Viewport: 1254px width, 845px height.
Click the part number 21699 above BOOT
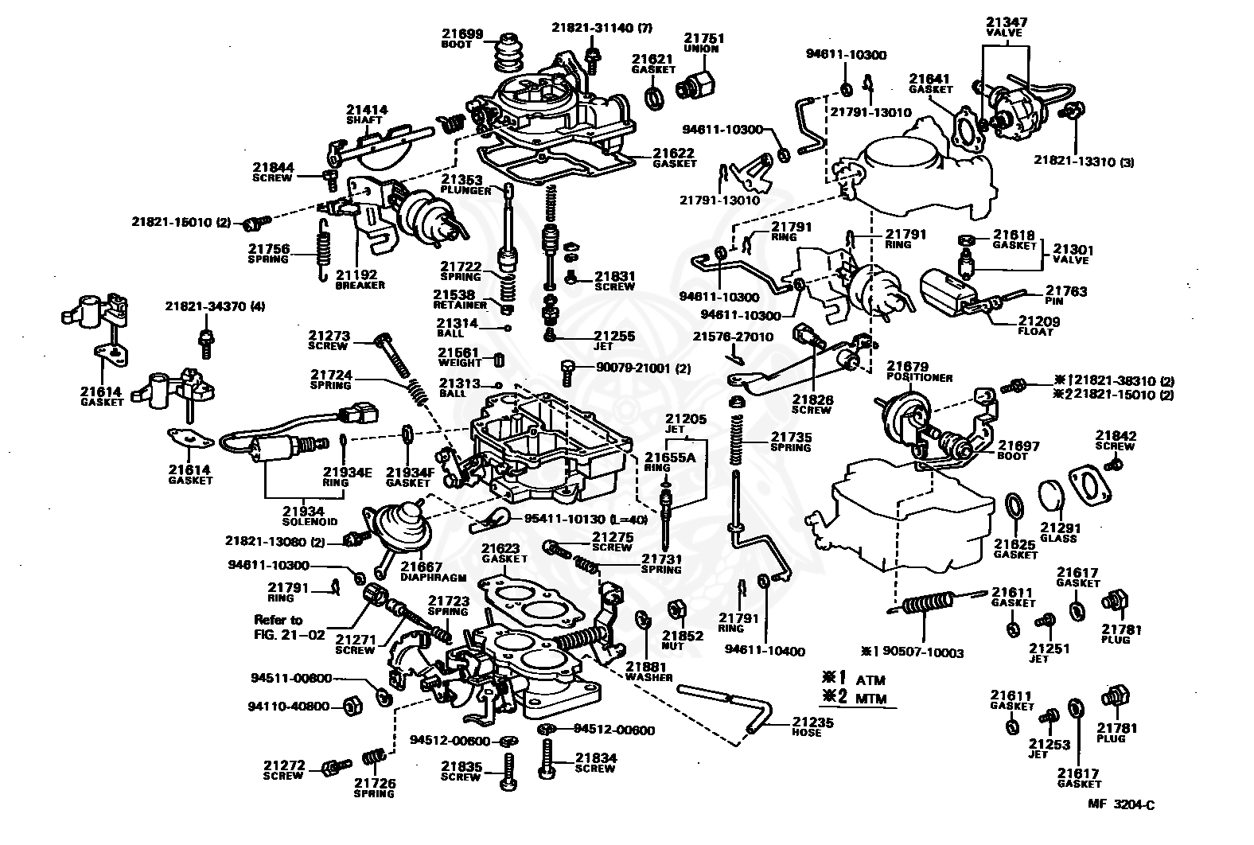(x=461, y=34)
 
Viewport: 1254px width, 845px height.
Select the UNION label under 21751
(x=701, y=49)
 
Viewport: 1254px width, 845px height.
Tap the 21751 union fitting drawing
(x=695, y=87)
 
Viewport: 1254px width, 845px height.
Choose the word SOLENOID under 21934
(x=310, y=522)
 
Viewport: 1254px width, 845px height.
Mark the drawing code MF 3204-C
(x=1121, y=804)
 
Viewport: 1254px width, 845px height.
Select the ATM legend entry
(x=870, y=680)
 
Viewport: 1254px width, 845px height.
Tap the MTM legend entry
(x=871, y=699)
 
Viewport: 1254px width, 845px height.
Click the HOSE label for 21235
(x=807, y=733)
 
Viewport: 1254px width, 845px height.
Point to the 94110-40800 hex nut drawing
(x=352, y=707)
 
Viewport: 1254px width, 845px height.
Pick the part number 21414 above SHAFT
(x=367, y=110)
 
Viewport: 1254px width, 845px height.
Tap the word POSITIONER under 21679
(x=919, y=378)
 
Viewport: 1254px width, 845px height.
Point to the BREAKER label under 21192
(x=360, y=285)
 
